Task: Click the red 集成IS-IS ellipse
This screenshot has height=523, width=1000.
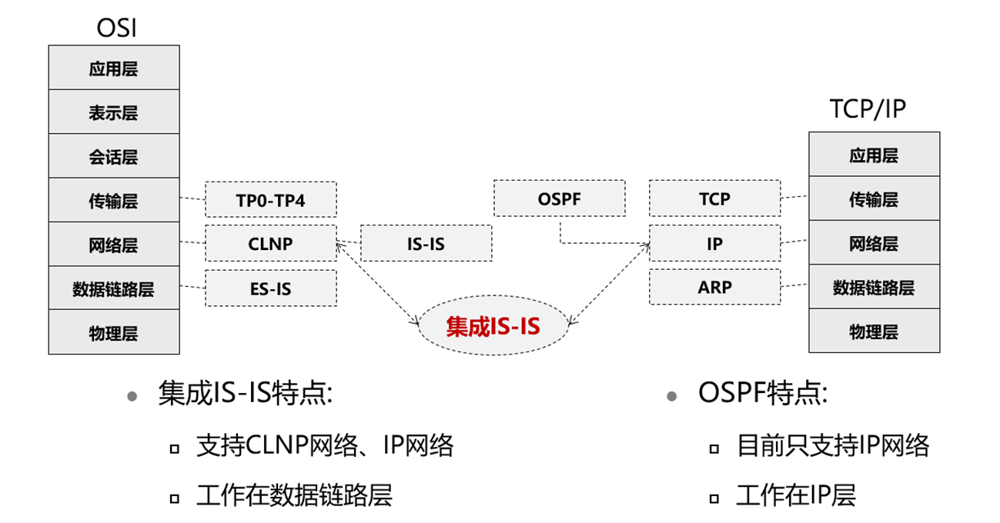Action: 493,327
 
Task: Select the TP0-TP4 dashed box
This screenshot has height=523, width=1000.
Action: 270,201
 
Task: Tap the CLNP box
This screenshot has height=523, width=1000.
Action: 270,245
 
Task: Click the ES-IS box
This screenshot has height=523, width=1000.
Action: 270,288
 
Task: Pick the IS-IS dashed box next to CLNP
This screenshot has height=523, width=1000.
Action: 426,244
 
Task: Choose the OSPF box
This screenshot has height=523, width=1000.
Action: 559,199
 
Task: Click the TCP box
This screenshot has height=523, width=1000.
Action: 714,199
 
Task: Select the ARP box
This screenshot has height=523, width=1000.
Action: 714,288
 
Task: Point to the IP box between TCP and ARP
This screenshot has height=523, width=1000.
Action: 714,244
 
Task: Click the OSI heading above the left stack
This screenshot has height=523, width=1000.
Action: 116,28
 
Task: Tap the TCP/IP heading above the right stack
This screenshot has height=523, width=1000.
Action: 868,109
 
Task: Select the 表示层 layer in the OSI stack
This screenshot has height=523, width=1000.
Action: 113,112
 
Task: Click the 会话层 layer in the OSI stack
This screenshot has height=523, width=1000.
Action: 113,157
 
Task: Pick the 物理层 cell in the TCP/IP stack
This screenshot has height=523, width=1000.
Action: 874,331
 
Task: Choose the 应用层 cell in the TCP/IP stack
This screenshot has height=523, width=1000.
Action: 874,155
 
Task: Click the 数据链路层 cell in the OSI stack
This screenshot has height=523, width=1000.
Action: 113,289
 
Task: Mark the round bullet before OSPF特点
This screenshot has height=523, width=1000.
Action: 672,396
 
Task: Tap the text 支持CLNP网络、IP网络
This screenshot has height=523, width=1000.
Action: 325,445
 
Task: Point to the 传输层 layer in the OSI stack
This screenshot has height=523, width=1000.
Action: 113,201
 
